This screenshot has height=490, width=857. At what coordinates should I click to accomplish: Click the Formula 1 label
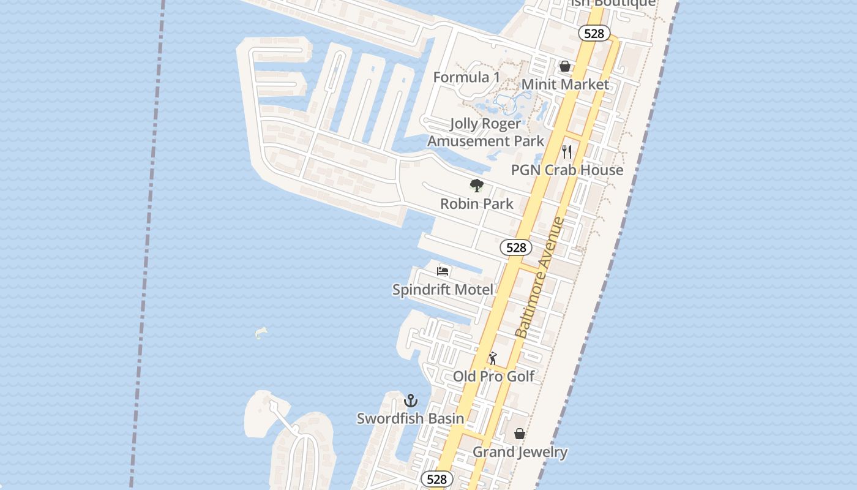click(466, 77)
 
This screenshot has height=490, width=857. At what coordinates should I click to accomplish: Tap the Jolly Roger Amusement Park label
click(485, 132)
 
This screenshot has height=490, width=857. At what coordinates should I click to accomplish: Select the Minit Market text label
click(565, 85)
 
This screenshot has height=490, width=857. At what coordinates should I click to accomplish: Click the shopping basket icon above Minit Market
click(565, 66)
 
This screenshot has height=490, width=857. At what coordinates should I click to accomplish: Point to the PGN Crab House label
click(567, 170)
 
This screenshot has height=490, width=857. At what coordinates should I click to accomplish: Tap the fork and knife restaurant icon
click(567, 151)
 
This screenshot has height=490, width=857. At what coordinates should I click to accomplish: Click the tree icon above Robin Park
click(476, 185)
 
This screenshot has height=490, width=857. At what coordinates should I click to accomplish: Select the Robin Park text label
click(477, 203)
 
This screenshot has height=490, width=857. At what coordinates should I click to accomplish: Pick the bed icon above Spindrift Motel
click(443, 271)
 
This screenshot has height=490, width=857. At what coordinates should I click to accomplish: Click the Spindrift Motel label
click(443, 289)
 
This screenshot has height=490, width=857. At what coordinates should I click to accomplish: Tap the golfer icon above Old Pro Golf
click(493, 358)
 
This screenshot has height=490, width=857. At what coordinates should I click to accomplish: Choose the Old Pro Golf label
click(493, 376)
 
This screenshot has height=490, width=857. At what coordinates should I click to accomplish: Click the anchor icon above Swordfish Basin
click(411, 401)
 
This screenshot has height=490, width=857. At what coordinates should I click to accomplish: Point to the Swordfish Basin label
click(410, 419)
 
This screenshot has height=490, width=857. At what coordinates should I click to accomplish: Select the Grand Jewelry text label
click(520, 452)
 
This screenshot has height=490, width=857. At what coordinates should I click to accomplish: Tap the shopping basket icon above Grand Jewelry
click(519, 434)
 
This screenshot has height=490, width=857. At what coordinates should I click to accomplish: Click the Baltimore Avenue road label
click(539, 278)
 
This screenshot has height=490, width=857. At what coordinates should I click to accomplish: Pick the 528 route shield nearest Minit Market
click(594, 34)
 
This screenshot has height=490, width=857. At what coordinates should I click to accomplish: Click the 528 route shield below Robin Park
click(516, 247)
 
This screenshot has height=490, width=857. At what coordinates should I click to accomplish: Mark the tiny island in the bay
click(261, 333)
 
